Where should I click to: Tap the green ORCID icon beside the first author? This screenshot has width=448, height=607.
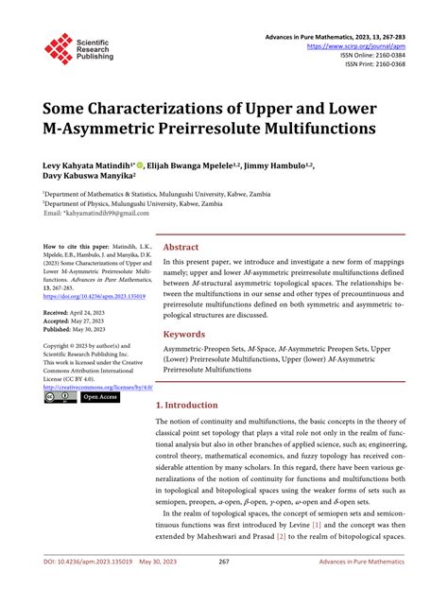153,162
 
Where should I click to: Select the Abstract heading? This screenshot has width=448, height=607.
181,246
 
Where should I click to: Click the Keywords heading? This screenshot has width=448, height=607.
185,334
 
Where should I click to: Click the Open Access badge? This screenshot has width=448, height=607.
100,398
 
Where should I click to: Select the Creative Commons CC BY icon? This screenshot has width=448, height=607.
59,398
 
